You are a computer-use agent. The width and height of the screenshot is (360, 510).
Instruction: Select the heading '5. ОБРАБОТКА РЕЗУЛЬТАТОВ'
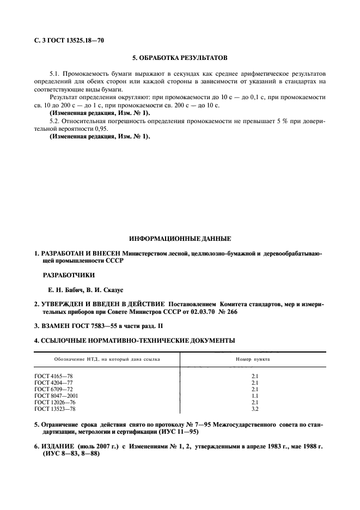(179, 57)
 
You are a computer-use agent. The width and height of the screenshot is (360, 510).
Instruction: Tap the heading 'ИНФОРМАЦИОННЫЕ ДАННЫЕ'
(180, 239)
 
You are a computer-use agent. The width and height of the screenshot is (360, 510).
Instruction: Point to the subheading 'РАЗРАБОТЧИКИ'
(69, 275)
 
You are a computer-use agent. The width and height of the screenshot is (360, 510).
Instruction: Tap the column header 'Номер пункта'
(253, 360)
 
